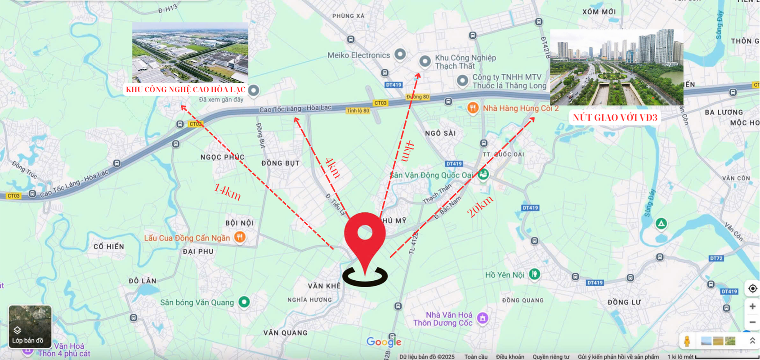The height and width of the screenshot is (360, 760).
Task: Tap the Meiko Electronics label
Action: click(358, 55)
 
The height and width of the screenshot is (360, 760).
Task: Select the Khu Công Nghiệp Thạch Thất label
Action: click(465, 62)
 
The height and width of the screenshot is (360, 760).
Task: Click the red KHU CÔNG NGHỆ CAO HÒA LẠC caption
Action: click(185, 90)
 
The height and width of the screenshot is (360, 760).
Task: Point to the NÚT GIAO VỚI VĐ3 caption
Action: click(615, 118)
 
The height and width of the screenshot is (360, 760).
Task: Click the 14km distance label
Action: click(227, 192)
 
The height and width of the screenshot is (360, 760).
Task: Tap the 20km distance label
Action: click(480, 206)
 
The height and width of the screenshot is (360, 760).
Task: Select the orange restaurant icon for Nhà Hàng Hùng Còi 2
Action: click(472, 108)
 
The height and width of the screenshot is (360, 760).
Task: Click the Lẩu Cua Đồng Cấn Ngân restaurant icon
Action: click(240, 237)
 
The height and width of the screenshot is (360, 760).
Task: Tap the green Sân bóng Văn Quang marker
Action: click(244, 301)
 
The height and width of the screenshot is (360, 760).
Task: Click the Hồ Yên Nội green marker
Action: click(534, 274)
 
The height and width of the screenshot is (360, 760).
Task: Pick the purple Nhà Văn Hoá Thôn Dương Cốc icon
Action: click(483, 318)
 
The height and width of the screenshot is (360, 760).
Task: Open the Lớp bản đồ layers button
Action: click(30, 327)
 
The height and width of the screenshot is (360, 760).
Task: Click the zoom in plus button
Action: click(752, 306)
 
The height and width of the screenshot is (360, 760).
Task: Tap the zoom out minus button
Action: click(752, 322)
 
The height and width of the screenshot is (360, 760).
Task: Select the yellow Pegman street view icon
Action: click(687, 341)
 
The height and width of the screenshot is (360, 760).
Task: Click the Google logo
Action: click(384, 342)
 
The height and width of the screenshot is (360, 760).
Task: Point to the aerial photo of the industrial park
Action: click(190, 53)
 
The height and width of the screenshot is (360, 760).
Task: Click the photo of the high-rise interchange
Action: click(617, 67)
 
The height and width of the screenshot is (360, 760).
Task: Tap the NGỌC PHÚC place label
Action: click(222, 157)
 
